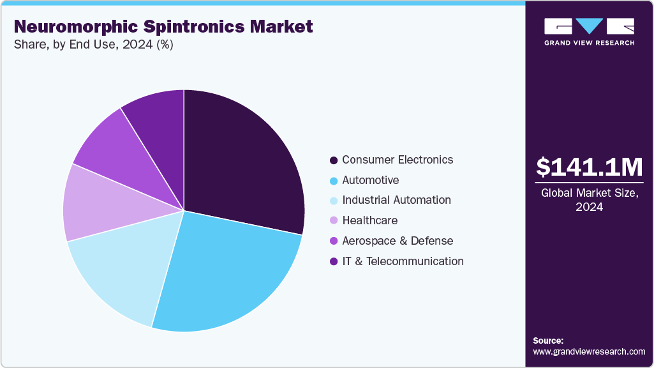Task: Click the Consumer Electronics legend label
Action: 398,160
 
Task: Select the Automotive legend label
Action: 370,180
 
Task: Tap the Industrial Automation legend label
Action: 396,200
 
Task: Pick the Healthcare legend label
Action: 369,220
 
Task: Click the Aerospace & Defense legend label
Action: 398,241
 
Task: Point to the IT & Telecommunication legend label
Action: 403,261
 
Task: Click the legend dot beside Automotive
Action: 334,181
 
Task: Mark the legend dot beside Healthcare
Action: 334,221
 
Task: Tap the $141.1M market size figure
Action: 590,167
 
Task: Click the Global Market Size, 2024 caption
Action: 590,200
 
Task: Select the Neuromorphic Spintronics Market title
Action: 163,27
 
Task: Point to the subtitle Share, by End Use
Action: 93,45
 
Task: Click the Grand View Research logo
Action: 589,31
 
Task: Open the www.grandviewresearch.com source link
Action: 589,351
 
